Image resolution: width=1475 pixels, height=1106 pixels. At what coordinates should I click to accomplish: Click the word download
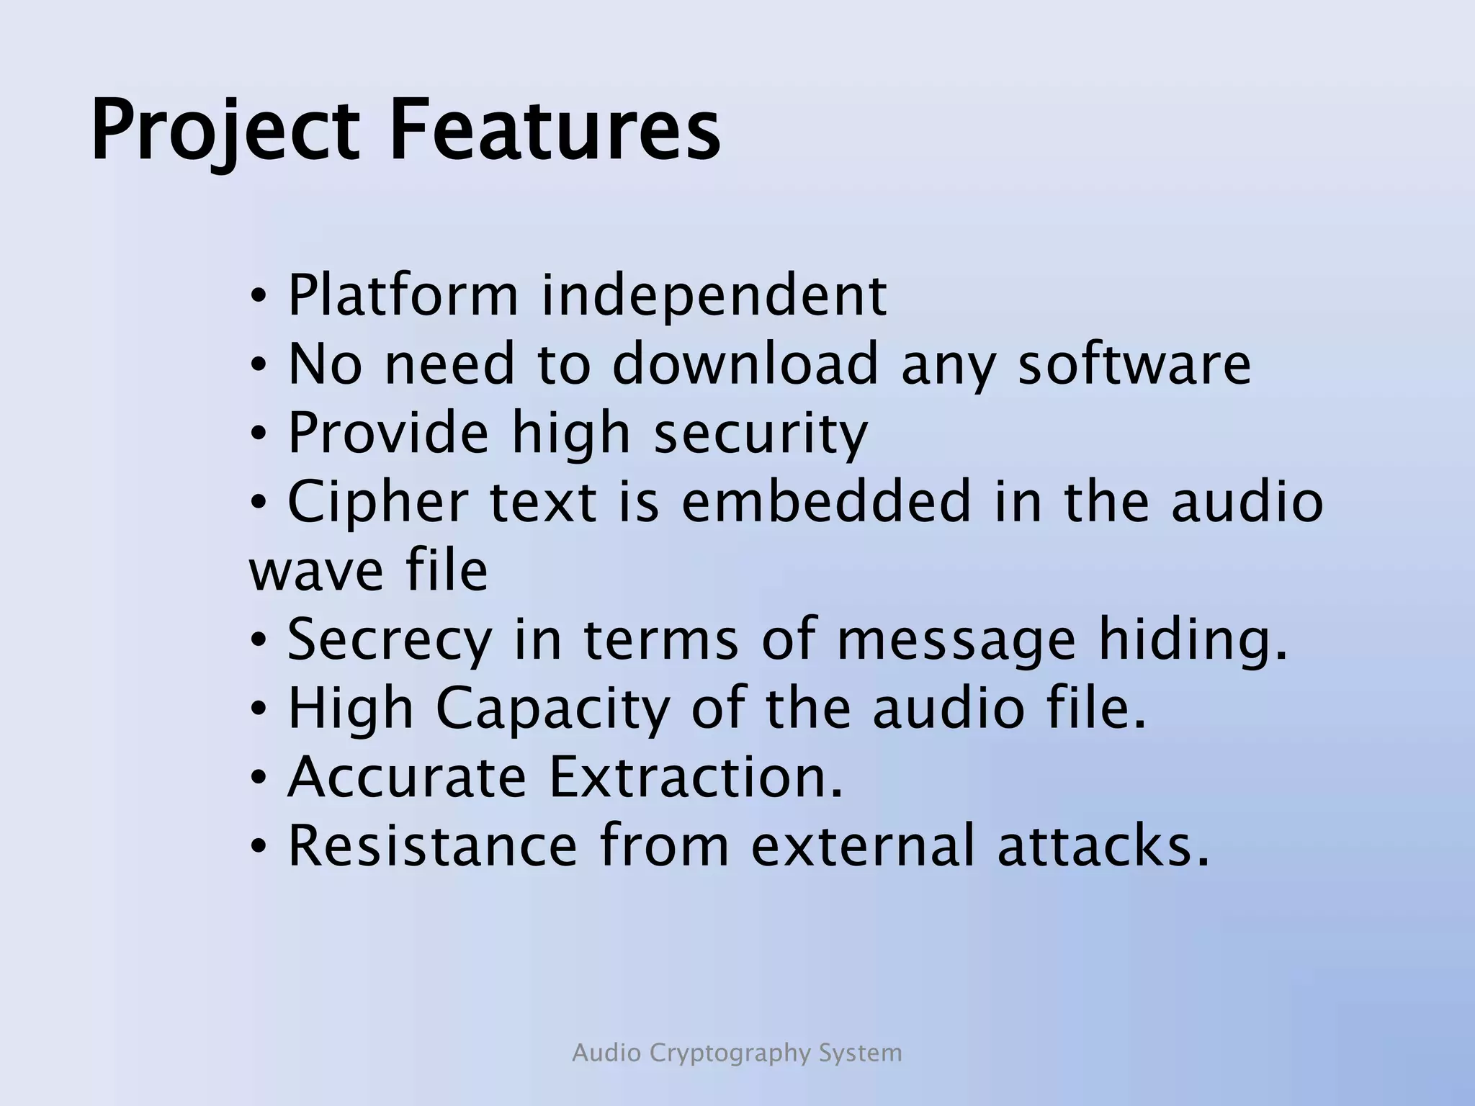745,363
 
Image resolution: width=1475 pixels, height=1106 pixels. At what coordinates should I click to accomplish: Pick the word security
761,432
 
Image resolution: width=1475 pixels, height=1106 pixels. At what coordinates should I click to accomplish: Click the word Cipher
378,501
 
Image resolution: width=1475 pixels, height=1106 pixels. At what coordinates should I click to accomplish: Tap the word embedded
826,501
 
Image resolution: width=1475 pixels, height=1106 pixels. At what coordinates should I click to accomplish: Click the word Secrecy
390,639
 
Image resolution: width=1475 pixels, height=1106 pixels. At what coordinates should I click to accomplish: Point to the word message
956,639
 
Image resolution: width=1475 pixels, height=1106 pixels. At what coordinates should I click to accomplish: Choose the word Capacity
552,709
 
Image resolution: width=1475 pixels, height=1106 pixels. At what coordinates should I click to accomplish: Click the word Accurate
407,777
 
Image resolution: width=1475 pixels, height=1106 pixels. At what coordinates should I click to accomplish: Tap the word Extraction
695,777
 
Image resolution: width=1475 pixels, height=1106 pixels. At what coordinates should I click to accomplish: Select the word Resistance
432,845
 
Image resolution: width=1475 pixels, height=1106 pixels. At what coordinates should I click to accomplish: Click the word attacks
1103,845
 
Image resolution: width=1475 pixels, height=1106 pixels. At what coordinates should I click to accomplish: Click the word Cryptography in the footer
730,1053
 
